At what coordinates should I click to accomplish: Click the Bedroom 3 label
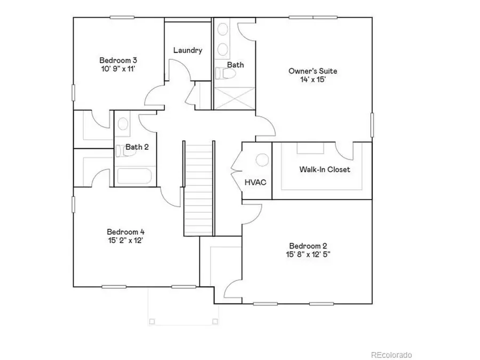(x=115, y=60)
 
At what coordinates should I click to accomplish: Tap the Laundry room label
(x=188, y=51)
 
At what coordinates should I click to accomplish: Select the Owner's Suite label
(x=313, y=70)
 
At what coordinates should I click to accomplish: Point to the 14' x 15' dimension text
(x=313, y=79)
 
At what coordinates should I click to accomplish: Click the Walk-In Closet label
(x=324, y=170)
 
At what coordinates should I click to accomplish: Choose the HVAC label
(x=255, y=182)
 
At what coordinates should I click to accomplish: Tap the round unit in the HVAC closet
(x=262, y=160)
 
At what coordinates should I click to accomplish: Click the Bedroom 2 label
(x=308, y=245)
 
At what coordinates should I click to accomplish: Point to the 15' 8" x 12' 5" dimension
(x=308, y=254)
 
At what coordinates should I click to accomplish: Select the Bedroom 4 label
(x=126, y=231)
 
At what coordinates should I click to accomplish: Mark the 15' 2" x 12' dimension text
(x=126, y=240)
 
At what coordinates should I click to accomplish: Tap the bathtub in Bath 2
(x=134, y=177)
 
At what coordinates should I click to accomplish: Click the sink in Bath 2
(x=123, y=124)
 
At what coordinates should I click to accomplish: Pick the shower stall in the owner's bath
(x=234, y=98)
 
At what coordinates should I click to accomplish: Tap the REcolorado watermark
(x=391, y=355)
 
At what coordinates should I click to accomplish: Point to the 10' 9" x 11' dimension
(x=115, y=69)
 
